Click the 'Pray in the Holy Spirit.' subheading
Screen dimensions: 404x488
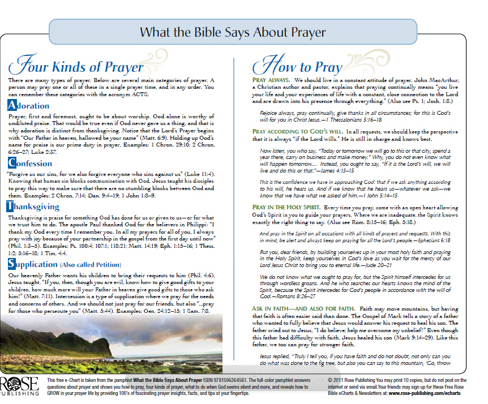(x=286, y=207)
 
